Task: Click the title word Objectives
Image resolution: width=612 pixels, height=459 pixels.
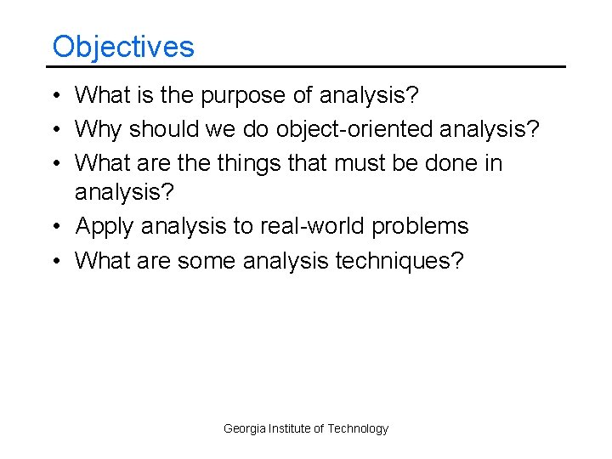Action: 123,46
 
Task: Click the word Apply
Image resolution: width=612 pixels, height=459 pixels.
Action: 105,227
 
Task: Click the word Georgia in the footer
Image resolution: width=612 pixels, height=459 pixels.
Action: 244,428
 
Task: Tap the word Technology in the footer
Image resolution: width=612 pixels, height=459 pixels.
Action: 358,428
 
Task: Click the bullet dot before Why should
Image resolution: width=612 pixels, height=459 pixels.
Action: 56,130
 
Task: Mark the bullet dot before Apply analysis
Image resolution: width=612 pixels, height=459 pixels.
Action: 56,227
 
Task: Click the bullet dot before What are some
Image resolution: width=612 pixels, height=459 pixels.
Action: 56,259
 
